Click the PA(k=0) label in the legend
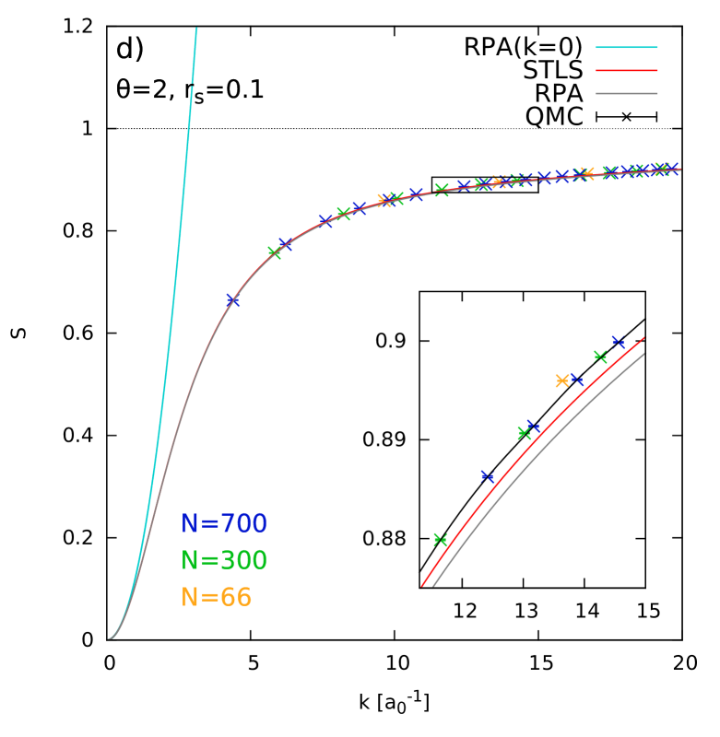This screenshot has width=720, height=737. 531,47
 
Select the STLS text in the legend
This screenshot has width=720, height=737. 552,71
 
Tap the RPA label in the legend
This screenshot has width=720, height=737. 558,94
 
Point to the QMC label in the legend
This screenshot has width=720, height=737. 553,117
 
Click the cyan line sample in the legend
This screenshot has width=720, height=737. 626,47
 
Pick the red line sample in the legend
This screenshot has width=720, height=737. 626,70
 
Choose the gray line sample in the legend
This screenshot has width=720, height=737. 626,93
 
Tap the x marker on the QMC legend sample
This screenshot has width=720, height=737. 626,117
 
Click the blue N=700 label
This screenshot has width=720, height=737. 224,524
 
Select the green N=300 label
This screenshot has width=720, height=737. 224,561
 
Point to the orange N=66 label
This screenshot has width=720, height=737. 217,598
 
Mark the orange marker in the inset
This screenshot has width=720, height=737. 562,380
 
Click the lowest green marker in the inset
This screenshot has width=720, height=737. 441,540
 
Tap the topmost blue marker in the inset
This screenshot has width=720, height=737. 618,342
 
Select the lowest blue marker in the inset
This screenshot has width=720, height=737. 488,476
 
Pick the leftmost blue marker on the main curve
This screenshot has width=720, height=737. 233,300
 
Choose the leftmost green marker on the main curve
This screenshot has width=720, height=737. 274,252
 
